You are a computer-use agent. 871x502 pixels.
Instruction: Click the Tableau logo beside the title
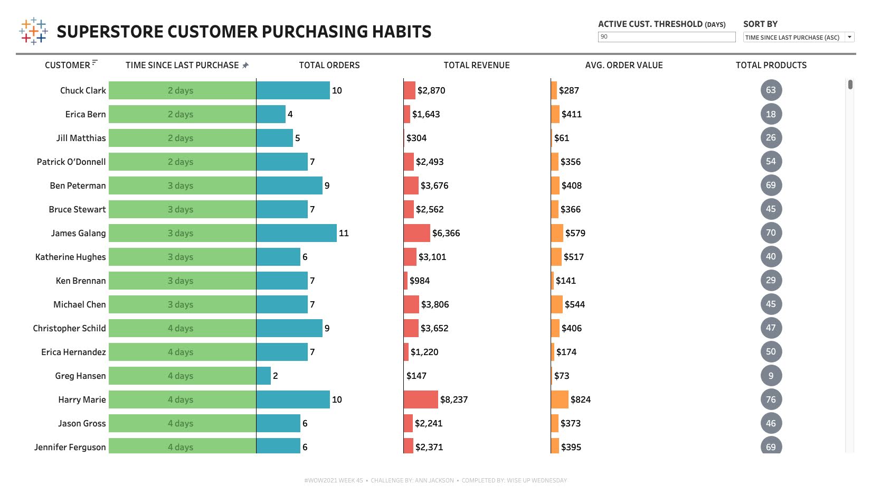pyautogui.click(x=33, y=31)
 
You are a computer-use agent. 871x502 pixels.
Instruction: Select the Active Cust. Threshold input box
pyautogui.click(x=666, y=37)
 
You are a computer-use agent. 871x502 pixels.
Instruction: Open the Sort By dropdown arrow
pyautogui.click(x=849, y=37)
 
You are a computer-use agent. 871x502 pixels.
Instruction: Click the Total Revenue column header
pyautogui.click(x=476, y=65)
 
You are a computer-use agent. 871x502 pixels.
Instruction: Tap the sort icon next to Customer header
pyautogui.click(x=94, y=63)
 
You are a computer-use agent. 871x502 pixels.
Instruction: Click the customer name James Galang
pyautogui.click(x=78, y=233)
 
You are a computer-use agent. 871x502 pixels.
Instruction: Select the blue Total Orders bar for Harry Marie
pyautogui.click(x=293, y=399)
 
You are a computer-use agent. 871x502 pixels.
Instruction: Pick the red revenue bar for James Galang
pyautogui.click(x=416, y=233)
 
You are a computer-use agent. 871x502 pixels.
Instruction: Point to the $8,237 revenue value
pyautogui.click(x=454, y=399)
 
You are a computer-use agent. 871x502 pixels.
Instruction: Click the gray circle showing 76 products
pyautogui.click(x=771, y=399)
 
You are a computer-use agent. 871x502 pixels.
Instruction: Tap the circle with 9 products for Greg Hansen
pyautogui.click(x=771, y=376)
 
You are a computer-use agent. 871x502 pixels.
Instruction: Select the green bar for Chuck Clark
pyautogui.click(x=182, y=90)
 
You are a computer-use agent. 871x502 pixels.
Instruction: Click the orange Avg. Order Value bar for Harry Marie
pyautogui.click(x=560, y=399)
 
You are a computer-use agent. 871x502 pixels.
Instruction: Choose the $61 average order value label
pyautogui.click(x=562, y=138)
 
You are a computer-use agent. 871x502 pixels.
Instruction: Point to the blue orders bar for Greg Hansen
pyautogui.click(x=263, y=376)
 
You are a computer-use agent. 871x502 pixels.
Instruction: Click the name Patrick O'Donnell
pyautogui.click(x=71, y=162)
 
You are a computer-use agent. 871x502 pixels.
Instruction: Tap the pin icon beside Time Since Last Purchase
pyautogui.click(x=245, y=66)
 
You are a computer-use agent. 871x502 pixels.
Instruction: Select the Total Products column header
pyautogui.click(x=771, y=65)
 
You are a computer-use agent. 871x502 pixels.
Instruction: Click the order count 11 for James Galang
pyautogui.click(x=344, y=233)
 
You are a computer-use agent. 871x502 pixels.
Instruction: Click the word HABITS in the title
pyautogui.click(x=402, y=32)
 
